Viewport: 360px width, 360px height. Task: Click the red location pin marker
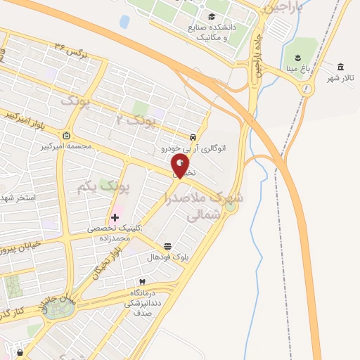[181, 166]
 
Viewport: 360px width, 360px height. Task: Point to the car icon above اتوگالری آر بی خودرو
[193, 137]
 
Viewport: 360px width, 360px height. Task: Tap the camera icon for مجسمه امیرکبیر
[66, 136]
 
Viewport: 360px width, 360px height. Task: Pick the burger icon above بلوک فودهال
[167, 247]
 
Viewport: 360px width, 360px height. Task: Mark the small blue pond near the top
[124, 21]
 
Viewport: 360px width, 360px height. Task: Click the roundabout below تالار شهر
[307, 89]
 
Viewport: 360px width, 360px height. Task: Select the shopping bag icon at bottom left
[20, 352]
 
